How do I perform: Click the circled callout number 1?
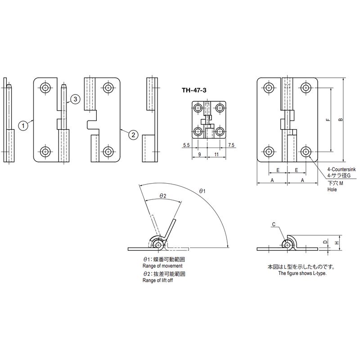point(23,126)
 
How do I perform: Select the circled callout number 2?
point(133,135)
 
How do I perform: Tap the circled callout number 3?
point(75,99)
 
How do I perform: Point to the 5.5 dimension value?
point(186,145)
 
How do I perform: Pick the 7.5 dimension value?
point(231,145)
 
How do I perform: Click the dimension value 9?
point(199,154)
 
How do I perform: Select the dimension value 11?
point(216,154)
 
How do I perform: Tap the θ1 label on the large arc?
point(202,191)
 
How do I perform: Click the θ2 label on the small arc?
point(162,196)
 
